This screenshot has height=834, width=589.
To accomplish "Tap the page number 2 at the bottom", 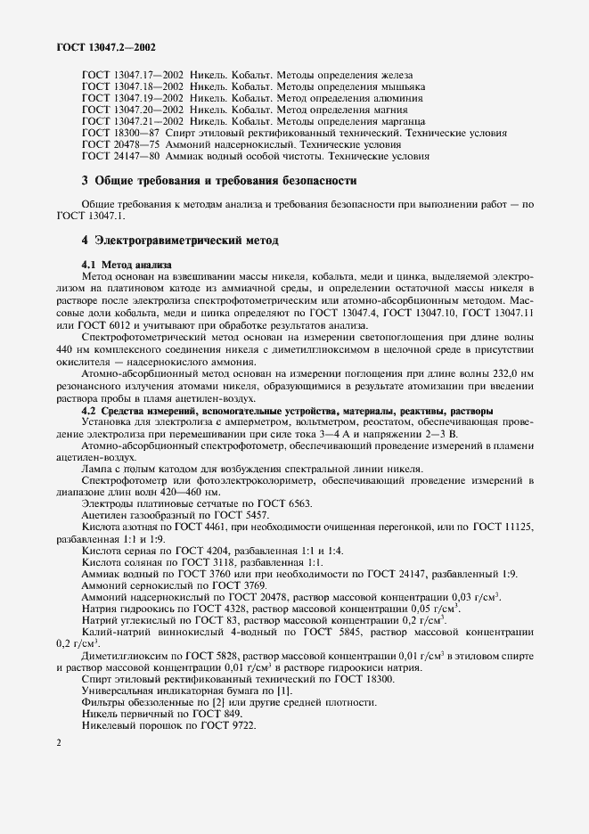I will pos(58,742).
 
